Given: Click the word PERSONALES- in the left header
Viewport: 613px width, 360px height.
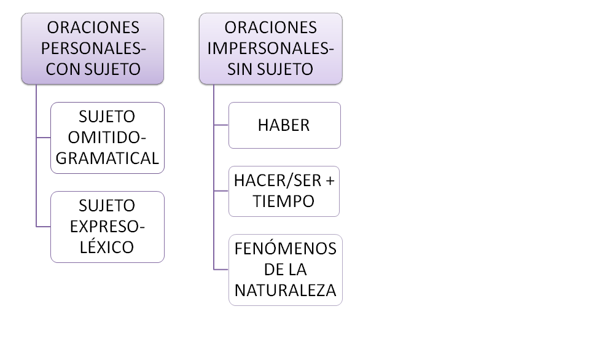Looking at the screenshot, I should click(x=93, y=49).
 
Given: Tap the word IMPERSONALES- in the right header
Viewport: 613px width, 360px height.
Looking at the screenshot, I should click(x=270, y=49).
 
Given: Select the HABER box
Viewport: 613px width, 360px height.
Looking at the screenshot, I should click(x=284, y=125).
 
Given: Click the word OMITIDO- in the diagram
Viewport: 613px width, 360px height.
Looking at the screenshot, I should click(x=107, y=138).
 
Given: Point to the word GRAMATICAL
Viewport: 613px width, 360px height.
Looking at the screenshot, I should click(x=107, y=158).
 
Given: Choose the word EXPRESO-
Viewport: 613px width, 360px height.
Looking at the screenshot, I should click(x=107, y=227).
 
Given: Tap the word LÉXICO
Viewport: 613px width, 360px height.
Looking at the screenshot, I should click(x=107, y=248).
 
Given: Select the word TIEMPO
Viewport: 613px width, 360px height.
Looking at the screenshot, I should click(x=284, y=202).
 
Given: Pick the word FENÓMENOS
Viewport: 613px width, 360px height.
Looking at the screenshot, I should click(x=285, y=249).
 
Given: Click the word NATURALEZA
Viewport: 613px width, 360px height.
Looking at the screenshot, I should click(x=285, y=291).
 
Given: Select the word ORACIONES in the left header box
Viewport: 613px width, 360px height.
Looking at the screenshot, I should click(x=93, y=28).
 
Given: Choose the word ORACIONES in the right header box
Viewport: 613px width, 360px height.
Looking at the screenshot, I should click(x=270, y=28).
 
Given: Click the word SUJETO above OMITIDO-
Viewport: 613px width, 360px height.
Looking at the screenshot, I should click(x=107, y=117).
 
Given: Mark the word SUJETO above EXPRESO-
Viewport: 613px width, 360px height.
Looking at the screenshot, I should click(x=107, y=206).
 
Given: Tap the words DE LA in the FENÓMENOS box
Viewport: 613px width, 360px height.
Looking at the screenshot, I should click(x=285, y=270).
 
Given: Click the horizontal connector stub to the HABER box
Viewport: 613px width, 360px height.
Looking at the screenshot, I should click(x=221, y=125).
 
